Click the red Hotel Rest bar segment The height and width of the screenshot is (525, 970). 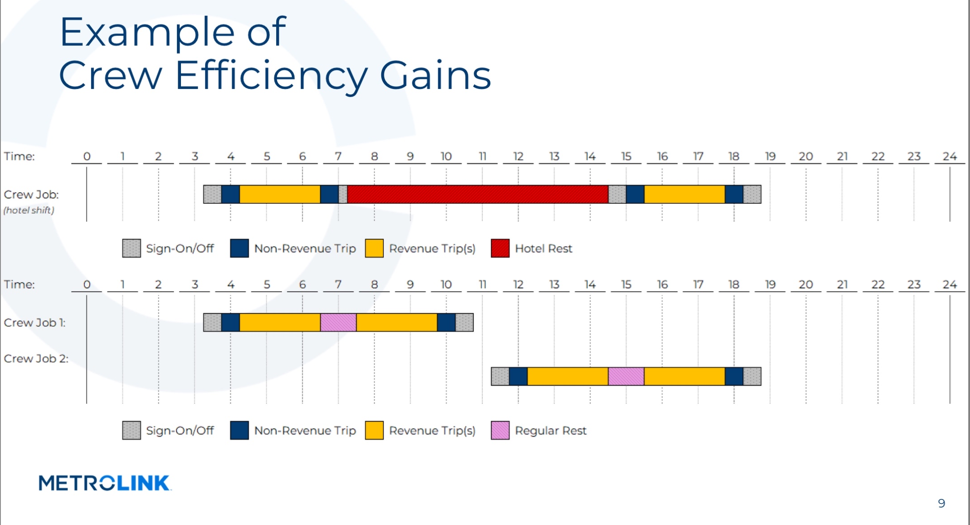click(477, 194)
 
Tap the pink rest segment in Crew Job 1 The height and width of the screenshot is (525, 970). click(338, 322)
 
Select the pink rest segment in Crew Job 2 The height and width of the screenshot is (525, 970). click(626, 376)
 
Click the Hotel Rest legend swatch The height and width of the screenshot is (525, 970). click(500, 248)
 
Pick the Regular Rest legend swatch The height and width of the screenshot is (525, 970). click(500, 430)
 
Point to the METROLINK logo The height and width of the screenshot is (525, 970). click(104, 483)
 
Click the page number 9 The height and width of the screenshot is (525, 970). click(941, 503)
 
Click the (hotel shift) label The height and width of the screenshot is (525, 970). click(29, 210)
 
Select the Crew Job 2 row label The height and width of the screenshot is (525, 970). click(36, 358)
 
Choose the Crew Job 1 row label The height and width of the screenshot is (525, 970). click(35, 322)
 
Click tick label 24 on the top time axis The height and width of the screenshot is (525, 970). click(949, 156)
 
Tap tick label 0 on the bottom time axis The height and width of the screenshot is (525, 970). click(87, 284)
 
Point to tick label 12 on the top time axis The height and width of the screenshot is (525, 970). click(518, 156)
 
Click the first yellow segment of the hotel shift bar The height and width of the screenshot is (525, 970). click(280, 194)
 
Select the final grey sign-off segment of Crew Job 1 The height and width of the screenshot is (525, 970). click(464, 322)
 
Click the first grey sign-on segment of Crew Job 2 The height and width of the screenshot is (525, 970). click(500, 376)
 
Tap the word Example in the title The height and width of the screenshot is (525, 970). click(148, 32)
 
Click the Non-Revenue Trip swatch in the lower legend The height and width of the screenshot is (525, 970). click(239, 430)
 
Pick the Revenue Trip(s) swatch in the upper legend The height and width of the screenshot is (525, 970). click(374, 248)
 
